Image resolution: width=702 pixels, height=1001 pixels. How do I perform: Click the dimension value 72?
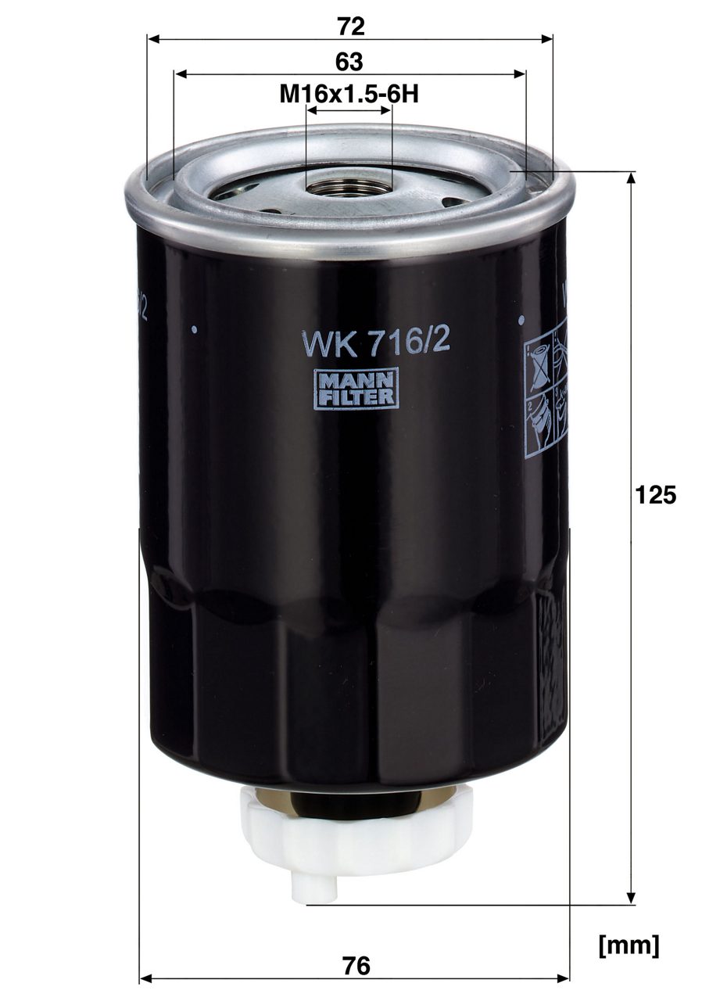(350, 27)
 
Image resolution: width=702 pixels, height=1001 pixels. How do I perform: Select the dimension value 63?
(349, 62)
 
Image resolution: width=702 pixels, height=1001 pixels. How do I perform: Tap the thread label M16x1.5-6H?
(349, 95)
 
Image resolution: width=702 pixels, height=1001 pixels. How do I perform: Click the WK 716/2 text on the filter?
(375, 343)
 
